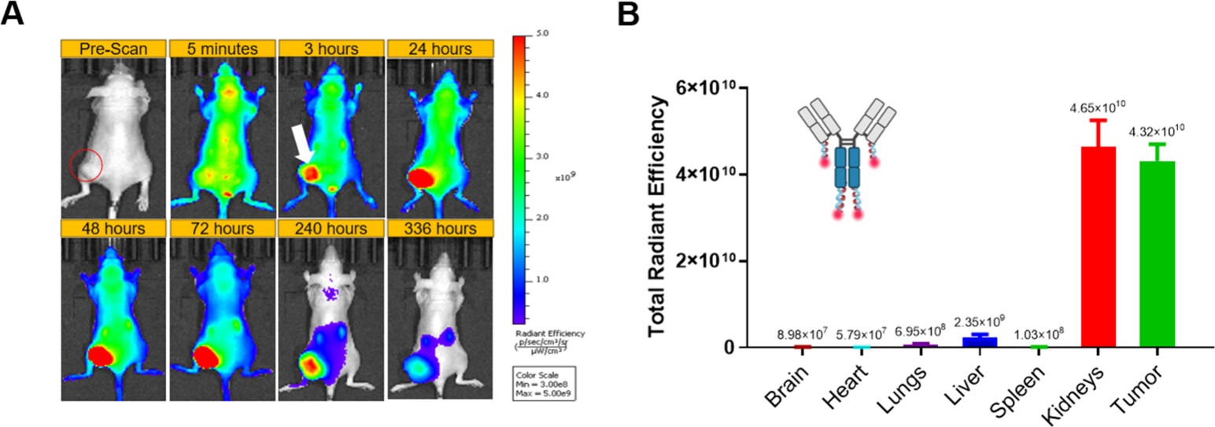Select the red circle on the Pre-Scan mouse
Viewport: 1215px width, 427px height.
click(x=86, y=165)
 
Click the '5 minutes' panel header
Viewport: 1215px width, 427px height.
click(x=222, y=49)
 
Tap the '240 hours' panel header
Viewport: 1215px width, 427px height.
click(x=331, y=229)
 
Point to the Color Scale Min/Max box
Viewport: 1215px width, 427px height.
click(x=544, y=382)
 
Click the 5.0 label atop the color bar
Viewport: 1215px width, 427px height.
click(x=543, y=34)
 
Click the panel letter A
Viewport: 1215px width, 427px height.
click(x=14, y=15)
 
